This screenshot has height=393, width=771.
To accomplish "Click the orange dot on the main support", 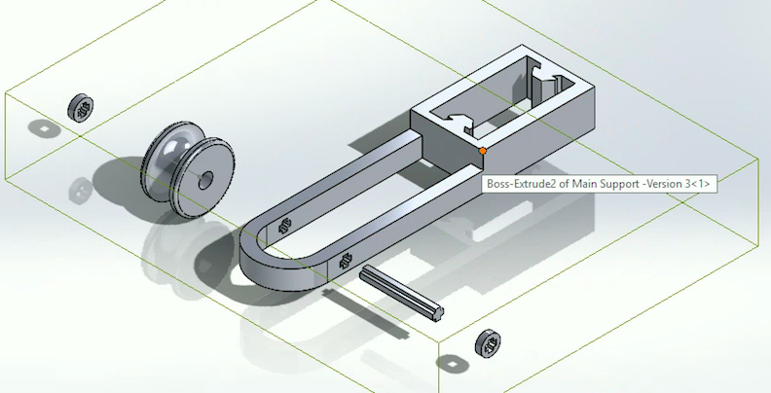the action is point(483,152).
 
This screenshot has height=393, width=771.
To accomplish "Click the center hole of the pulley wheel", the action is point(205,181).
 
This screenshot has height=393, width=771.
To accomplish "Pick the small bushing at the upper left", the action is point(81,108).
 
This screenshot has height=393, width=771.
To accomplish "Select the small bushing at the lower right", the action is point(489,342).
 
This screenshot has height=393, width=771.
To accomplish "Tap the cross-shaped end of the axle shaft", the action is point(437,313).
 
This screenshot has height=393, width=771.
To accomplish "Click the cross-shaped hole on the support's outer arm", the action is point(346,263).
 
